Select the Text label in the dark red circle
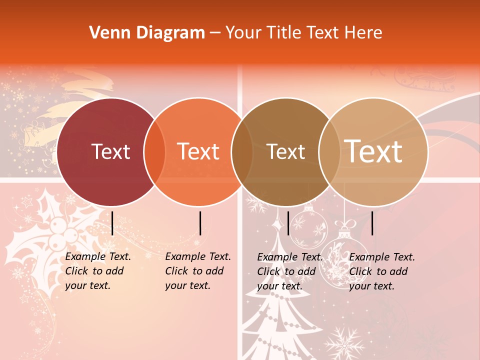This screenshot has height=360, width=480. (x=110, y=151)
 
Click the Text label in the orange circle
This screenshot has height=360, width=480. (x=198, y=151)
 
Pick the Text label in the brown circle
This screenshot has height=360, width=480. (x=286, y=151)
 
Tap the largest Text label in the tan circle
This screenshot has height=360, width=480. (x=373, y=151)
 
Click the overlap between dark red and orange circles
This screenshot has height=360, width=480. (x=154, y=152)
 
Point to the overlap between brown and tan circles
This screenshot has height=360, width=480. (x=329, y=152)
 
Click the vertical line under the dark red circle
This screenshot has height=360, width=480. (x=112, y=223)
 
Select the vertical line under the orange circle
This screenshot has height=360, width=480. (x=200, y=223)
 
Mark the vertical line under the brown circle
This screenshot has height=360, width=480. (x=288, y=223)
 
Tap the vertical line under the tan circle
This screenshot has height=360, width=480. (x=372, y=223)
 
